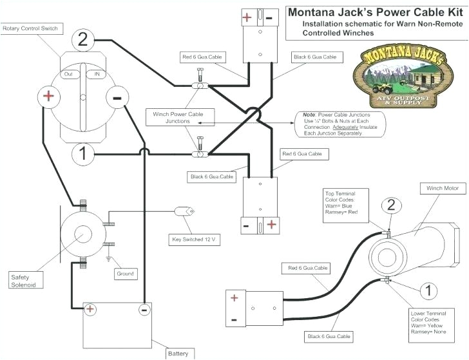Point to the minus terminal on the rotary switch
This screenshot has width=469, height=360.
click(x=117, y=99)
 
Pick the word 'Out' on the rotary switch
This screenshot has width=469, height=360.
click(x=67, y=74)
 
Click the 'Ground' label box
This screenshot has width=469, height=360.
click(x=126, y=274)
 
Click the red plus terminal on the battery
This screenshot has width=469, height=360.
click(x=90, y=310)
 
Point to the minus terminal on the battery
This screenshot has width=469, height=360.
click(x=143, y=310)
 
